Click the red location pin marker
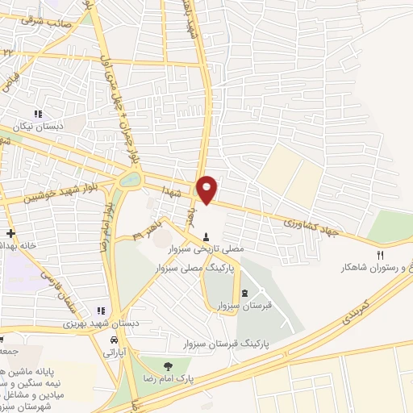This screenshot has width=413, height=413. point(207,188)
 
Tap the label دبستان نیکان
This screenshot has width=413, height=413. point(37,127)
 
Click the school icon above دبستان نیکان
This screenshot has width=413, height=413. point(37,114)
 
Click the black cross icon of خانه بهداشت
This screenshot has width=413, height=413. point(10,233)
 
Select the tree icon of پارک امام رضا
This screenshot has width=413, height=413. point(167,365)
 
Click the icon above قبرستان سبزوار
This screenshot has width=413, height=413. point(244,293)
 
